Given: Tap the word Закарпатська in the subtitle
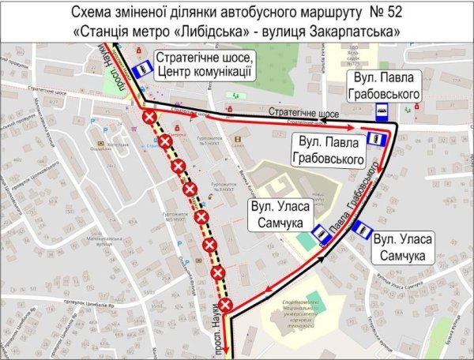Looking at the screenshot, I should point(364,30).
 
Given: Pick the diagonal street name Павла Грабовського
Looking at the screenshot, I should point(352,212).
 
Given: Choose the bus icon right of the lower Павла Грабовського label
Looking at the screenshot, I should point(376,140).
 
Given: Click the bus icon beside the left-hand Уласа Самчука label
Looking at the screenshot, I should point(321,234).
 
